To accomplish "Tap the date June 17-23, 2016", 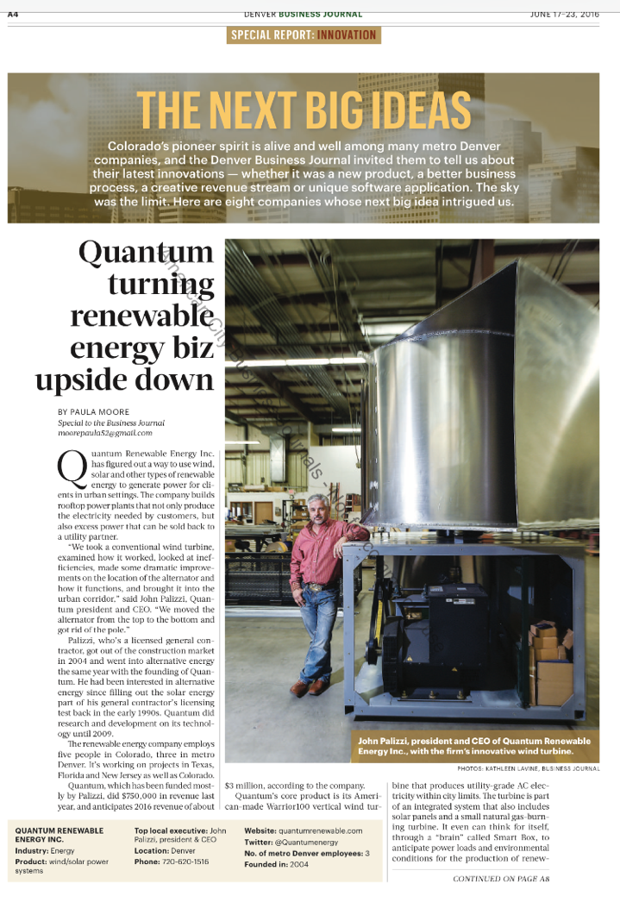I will pos(565,14).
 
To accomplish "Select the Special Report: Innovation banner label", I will pos(304,35).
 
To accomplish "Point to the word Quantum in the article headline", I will pos(146,253).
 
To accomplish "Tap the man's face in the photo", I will pos(320,511).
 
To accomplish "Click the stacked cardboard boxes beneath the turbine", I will pos(549,660).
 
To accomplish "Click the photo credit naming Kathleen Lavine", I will pos(528,768).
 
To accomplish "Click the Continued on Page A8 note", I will pos(501,879).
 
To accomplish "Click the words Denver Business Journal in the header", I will pos(304,14).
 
